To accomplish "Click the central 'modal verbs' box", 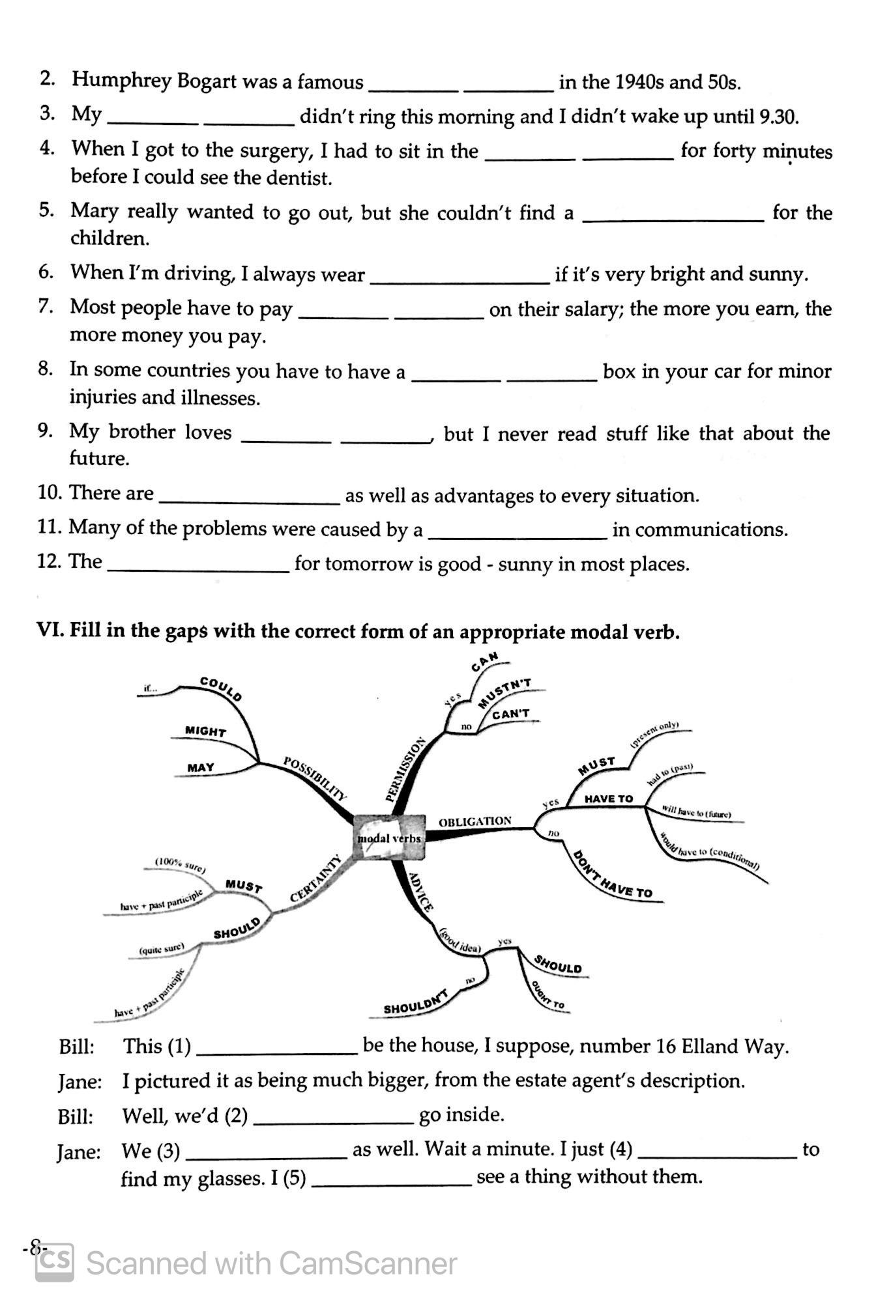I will [389, 838].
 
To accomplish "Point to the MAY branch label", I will [201, 767].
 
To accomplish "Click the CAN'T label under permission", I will [511, 714].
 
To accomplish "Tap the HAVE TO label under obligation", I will [608, 798].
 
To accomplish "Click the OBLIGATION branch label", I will [475, 821].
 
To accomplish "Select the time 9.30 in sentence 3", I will [779, 117].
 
